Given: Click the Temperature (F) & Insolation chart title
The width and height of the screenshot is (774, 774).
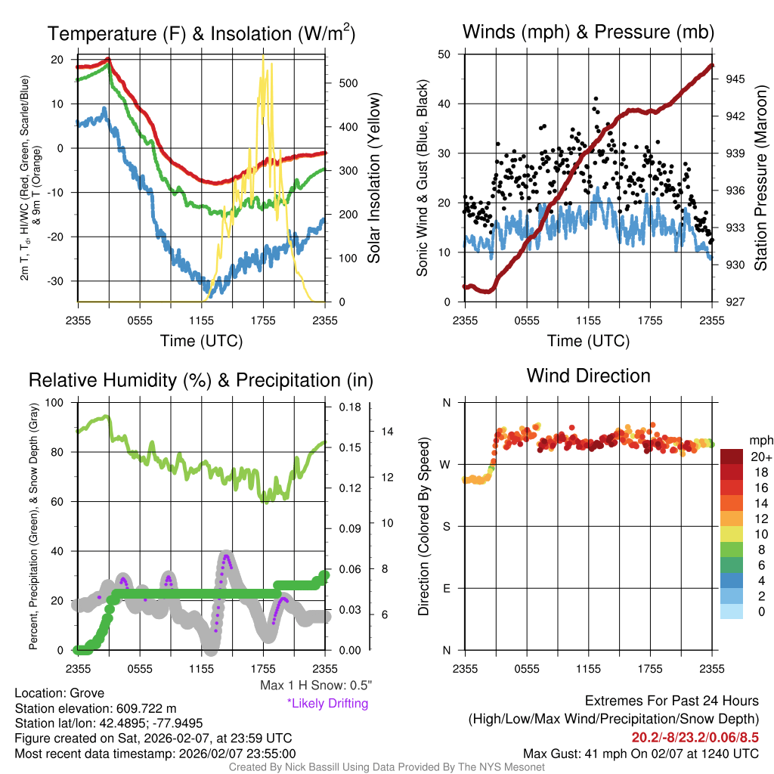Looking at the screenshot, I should click(201, 34).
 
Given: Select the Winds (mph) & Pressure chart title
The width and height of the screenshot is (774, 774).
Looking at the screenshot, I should click(588, 33).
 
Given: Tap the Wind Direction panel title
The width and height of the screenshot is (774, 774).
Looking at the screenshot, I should click(588, 376).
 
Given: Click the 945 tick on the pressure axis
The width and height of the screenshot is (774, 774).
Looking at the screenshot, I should click(736, 79).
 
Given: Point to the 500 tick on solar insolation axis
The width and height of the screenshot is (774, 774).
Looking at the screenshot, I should click(347, 83).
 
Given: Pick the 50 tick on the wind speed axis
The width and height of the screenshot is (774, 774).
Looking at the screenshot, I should click(444, 54).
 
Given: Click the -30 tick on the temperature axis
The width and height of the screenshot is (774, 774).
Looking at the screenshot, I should click(57, 281).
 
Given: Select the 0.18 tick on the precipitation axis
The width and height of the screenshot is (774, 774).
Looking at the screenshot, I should click(348, 407).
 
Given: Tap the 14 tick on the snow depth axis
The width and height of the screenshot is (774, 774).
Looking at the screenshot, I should click(386, 432).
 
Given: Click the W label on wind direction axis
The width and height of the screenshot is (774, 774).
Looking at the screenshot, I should click(446, 465).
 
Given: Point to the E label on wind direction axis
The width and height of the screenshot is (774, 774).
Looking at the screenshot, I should click(446, 589).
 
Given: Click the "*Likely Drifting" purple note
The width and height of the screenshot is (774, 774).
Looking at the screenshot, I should click(327, 704).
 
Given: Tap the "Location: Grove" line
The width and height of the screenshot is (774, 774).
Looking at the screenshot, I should click(60, 693).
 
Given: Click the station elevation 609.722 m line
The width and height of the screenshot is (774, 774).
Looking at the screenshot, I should click(95, 708).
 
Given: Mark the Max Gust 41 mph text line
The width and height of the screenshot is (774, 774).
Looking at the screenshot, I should click(641, 754).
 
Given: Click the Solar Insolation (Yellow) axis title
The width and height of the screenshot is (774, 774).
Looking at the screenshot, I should click(374, 178).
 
